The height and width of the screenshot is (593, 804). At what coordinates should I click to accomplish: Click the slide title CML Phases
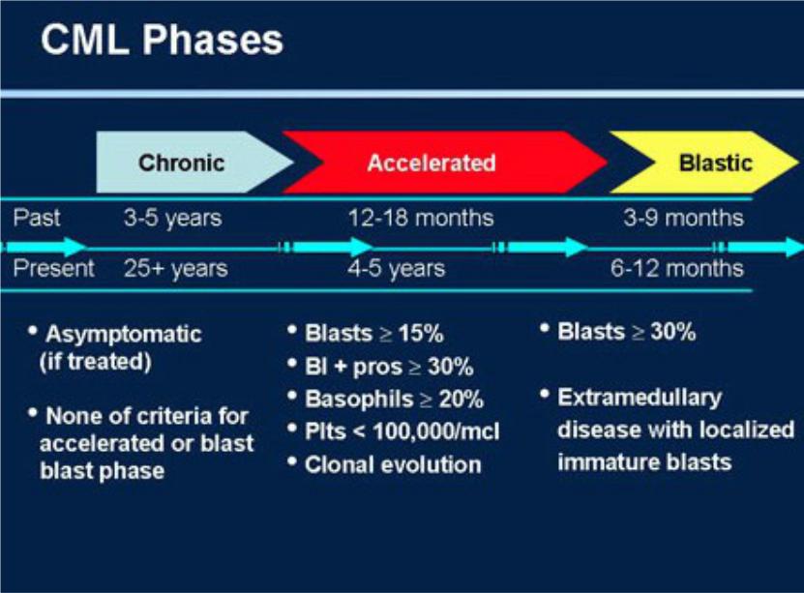(x=162, y=40)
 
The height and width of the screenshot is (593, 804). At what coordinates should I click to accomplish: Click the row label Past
(x=37, y=218)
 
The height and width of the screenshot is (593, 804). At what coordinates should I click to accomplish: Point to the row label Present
(x=54, y=268)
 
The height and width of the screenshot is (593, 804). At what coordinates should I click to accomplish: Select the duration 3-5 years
(x=173, y=219)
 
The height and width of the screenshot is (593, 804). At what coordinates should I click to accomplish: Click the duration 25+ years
(x=176, y=269)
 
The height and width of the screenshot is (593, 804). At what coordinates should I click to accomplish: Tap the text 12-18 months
(x=421, y=218)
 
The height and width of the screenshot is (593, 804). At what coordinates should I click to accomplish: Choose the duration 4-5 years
(x=397, y=269)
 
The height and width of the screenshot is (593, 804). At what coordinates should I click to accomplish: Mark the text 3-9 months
(x=683, y=218)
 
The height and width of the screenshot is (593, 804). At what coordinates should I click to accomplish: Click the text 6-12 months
(x=677, y=269)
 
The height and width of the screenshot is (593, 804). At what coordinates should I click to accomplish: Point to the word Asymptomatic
(x=124, y=335)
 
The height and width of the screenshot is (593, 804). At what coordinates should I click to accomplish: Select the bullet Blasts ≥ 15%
(x=373, y=333)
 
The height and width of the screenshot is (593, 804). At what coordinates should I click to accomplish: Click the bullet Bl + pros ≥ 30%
(x=389, y=367)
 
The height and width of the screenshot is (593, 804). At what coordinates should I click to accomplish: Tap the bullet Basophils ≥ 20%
(x=394, y=400)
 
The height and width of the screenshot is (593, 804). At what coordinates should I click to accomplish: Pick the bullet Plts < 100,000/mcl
(x=402, y=431)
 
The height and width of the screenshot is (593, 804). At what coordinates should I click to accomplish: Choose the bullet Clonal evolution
(x=393, y=464)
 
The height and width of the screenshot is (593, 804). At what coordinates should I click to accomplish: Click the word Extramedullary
(x=640, y=398)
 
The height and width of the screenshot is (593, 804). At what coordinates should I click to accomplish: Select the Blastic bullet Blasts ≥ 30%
(x=627, y=332)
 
